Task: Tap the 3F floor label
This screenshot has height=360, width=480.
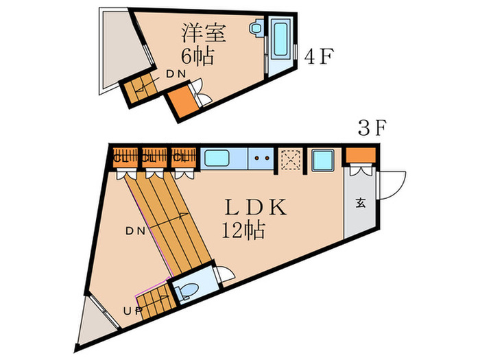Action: pos(374,128)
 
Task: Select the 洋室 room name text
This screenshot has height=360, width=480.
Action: pos(204,32)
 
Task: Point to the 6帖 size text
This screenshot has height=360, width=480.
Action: pos(197,56)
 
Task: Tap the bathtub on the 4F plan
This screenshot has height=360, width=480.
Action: pos(281,40)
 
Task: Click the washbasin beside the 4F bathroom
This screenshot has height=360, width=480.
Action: pos(256,29)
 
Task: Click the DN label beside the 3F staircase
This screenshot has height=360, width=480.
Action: pos(134,231)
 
